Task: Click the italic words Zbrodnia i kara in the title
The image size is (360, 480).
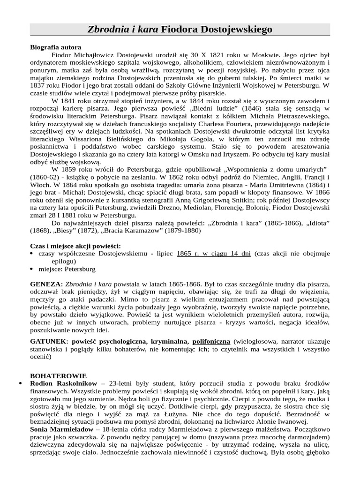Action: coord(123,30)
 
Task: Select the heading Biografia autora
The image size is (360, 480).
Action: coord(55,47)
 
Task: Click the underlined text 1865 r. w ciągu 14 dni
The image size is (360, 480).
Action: coord(213,254)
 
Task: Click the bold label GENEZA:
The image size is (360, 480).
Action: coord(46,285)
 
